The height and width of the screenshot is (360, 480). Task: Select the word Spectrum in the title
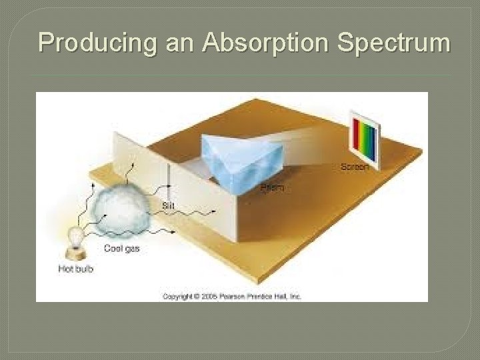[x=394, y=43]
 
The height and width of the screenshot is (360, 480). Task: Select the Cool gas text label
[x=121, y=249]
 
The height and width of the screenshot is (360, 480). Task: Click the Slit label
[x=169, y=206]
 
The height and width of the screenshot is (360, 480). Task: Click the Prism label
[x=271, y=189]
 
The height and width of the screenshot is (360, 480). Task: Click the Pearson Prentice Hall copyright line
[x=232, y=296]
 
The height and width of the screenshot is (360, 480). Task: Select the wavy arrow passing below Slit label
[x=193, y=213]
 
